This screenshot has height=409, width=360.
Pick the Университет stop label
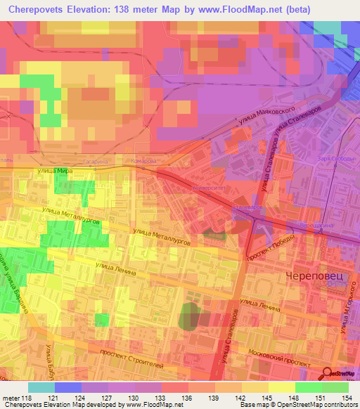point(210,189)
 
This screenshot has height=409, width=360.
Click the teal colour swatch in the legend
point(41,387)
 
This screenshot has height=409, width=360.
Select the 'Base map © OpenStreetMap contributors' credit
point(295,405)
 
